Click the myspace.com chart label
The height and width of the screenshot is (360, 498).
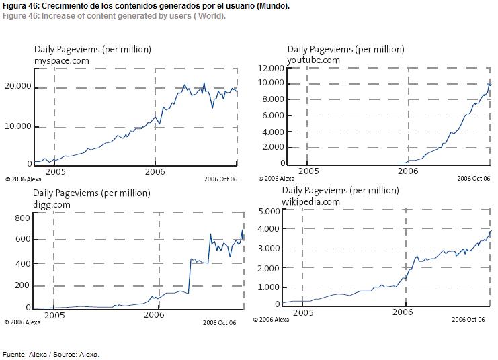click(62, 60)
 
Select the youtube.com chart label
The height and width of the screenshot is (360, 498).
click(313, 60)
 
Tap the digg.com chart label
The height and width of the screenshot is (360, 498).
click(52, 204)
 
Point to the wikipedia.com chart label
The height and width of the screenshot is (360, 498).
click(310, 201)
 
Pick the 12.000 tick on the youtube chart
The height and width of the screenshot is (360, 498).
click(272, 69)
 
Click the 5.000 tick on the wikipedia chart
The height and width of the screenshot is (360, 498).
click(267, 211)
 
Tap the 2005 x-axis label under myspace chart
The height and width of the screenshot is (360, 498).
click(55, 171)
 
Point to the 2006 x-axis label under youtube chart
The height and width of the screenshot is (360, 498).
click(407, 171)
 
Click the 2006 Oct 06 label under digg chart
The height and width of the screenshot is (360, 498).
click(220, 322)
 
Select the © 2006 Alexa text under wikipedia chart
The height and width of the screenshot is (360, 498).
click(271, 320)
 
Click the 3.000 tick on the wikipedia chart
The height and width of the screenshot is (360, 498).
click(267, 249)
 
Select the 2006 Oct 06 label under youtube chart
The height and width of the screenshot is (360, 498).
click(474, 179)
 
